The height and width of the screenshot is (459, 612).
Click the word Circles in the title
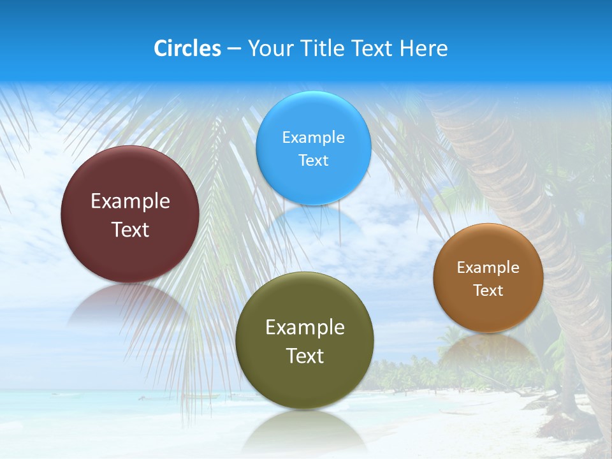click(187, 48)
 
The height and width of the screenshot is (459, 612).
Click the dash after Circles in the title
click(233, 49)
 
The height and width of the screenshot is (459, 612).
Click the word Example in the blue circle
click(313, 137)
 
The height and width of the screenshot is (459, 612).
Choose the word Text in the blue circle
click(313, 160)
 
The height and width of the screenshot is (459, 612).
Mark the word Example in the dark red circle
click(130, 201)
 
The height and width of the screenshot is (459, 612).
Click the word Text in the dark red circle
click(130, 229)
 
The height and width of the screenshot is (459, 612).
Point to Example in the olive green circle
click(305, 327)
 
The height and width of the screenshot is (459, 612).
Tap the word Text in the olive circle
click(305, 356)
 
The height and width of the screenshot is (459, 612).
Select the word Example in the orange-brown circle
click(488, 267)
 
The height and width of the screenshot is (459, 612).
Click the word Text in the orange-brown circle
click(488, 290)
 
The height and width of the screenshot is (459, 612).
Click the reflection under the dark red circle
click(130, 305)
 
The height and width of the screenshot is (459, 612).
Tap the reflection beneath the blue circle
click(313, 223)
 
